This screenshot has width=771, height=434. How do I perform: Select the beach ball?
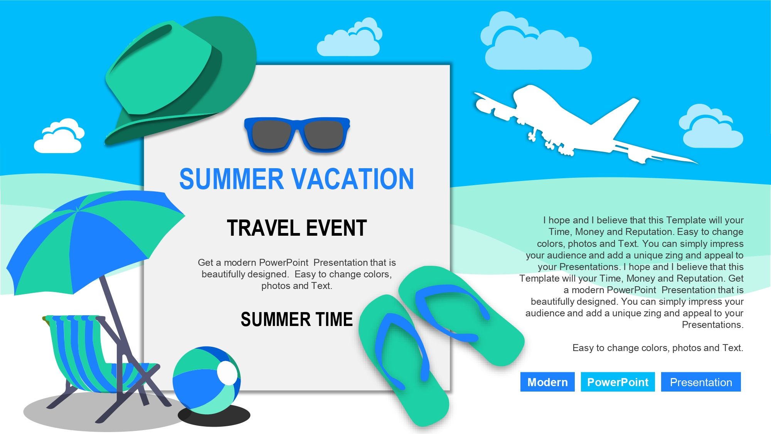point(207,380)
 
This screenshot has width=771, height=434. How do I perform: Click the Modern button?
point(547,382)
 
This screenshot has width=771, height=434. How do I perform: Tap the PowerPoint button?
point(618,382)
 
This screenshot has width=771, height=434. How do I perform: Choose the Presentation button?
point(701,382)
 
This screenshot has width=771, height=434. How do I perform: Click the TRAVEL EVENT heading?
point(297,228)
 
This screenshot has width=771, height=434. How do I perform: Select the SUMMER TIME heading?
point(297,319)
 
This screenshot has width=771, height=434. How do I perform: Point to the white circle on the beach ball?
point(227,373)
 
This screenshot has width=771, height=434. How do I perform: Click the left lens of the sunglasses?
point(271,134)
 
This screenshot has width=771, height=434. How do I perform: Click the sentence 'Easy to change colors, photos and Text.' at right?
point(658,348)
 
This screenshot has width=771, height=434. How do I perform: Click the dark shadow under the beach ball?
point(214,416)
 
